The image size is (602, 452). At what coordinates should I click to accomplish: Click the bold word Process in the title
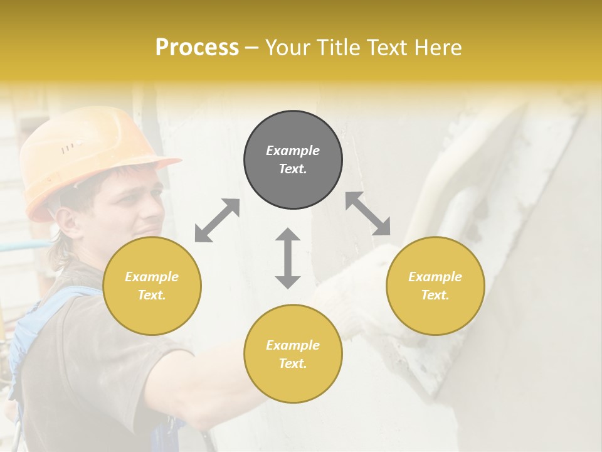point(197,48)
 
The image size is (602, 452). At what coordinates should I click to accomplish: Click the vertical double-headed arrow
point(288,258)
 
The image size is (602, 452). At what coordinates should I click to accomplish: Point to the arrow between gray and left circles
point(217,220)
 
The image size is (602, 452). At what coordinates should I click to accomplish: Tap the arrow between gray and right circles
point(368,213)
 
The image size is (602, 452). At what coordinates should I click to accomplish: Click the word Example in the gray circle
point(293,151)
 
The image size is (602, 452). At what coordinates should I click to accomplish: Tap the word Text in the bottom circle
point(292,363)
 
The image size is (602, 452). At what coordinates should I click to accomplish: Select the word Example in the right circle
point(435,277)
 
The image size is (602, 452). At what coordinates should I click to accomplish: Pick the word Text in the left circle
point(151,295)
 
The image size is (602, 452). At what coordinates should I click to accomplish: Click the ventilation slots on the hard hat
point(70,148)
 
